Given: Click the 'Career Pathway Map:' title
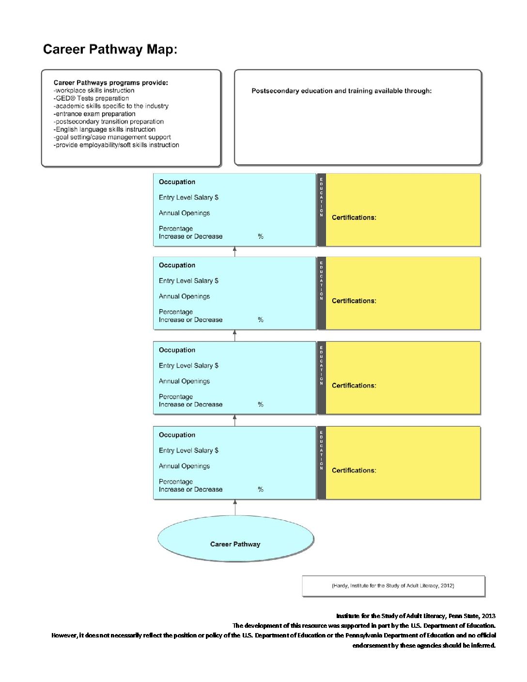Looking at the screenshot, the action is pyautogui.click(x=110, y=49).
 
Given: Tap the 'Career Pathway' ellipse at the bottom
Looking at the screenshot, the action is pyautogui.click(x=235, y=539).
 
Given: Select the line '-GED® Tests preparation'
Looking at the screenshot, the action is pyautogui.click(x=91, y=98).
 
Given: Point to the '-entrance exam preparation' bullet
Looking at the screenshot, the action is pyautogui.click(x=94, y=114).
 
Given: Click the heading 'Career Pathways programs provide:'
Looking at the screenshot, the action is pyautogui.click(x=111, y=82).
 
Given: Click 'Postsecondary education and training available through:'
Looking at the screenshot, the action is pyautogui.click(x=341, y=91).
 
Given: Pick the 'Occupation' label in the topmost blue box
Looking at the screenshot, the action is pyautogui.click(x=177, y=182).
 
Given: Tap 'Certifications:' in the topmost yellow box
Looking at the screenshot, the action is pyautogui.click(x=354, y=217).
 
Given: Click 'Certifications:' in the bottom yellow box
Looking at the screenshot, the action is pyautogui.click(x=354, y=470).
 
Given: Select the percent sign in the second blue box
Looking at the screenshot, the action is pyautogui.click(x=261, y=320).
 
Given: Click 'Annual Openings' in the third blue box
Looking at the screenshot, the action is pyautogui.click(x=184, y=381).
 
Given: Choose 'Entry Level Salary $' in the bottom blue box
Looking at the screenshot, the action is pyautogui.click(x=188, y=450).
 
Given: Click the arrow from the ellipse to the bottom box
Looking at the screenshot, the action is pyautogui.click(x=235, y=507).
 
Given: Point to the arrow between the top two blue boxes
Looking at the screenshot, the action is pyautogui.click(x=235, y=252).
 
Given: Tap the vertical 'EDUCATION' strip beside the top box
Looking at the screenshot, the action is pyautogui.click(x=322, y=210).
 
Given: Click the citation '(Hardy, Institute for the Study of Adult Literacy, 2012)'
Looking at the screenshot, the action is pyautogui.click(x=393, y=585).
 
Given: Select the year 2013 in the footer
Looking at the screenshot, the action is pyautogui.click(x=489, y=616).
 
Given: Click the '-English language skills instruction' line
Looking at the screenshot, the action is pyautogui.click(x=105, y=129).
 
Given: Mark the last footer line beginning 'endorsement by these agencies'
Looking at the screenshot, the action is pyautogui.click(x=424, y=645).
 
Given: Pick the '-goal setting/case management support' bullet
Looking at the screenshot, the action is pyautogui.click(x=112, y=137).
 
